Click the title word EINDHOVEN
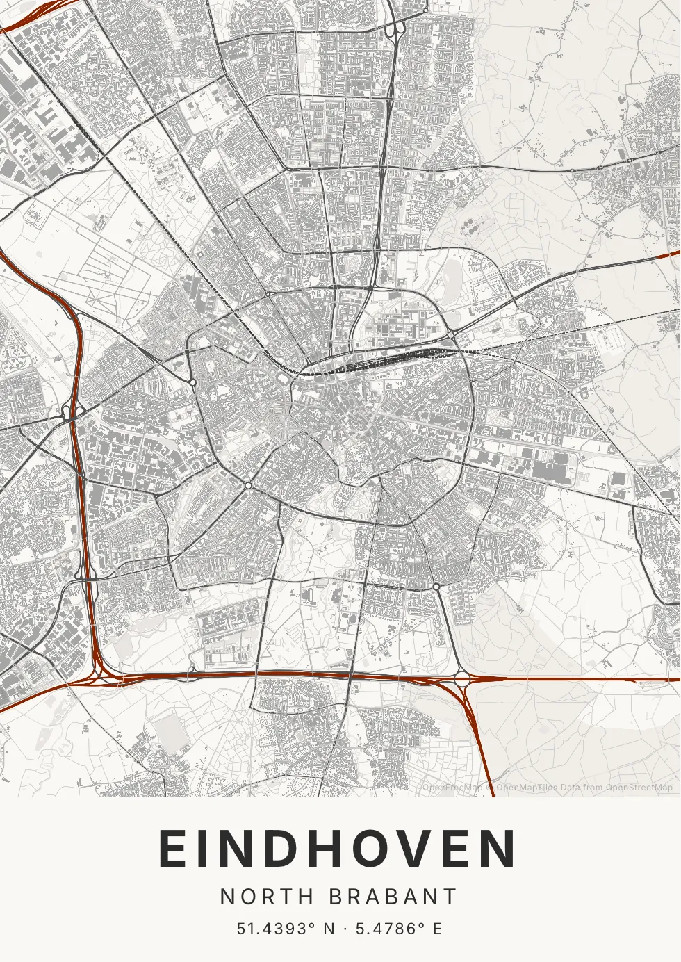[x=338, y=849]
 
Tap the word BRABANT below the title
[x=393, y=897]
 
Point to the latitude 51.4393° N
[x=286, y=929]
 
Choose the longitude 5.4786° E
[x=399, y=929]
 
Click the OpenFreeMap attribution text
[x=452, y=788]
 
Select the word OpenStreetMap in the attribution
[x=639, y=788]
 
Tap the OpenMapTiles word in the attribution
[x=526, y=788]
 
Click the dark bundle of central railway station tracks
[x=375, y=362]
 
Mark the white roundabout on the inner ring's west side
[x=192, y=382]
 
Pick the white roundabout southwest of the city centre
[x=248, y=485]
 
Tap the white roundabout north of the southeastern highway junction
[x=436, y=587]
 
